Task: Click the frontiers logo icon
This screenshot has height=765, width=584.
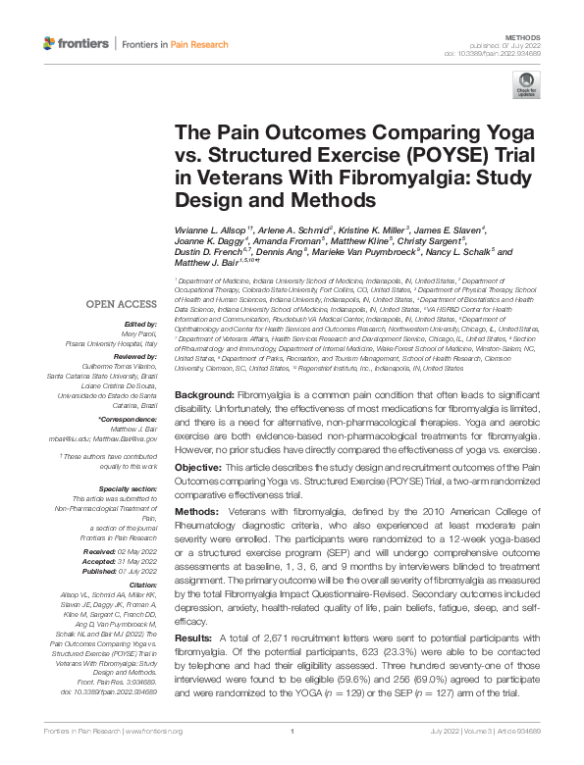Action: (50, 44)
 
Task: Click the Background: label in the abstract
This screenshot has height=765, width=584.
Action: (203, 394)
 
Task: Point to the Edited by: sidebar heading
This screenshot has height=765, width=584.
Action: (139, 324)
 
